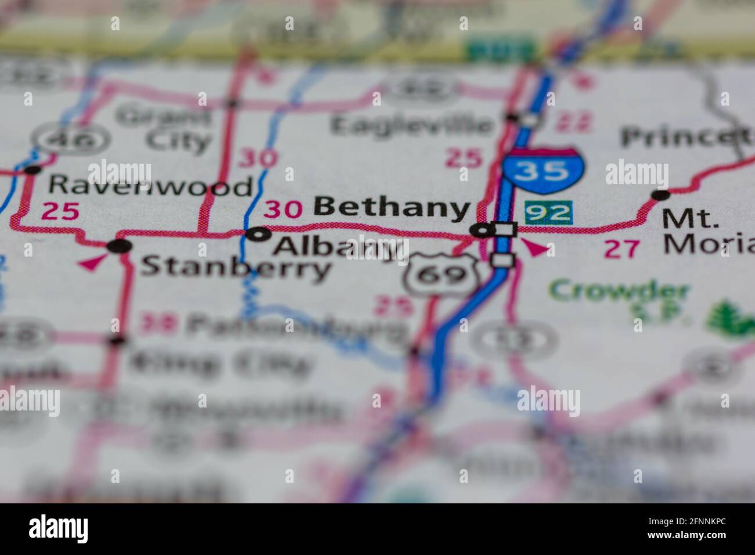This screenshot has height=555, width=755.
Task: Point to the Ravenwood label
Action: pyautogui.click(x=150, y=186)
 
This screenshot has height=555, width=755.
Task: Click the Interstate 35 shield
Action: pyautogui.click(x=544, y=170)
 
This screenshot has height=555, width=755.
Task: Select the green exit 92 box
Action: pyautogui.click(x=549, y=212)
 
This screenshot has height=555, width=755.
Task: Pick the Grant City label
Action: pyautogui.click(x=166, y=129)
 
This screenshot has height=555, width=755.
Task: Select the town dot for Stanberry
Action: pyautogui.click(x=120, y=246)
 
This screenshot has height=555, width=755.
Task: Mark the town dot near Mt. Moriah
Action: pyautogui.click(x=660, y=194)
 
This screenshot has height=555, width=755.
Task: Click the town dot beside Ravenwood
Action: pyautogui.click(x=33, y=170)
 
